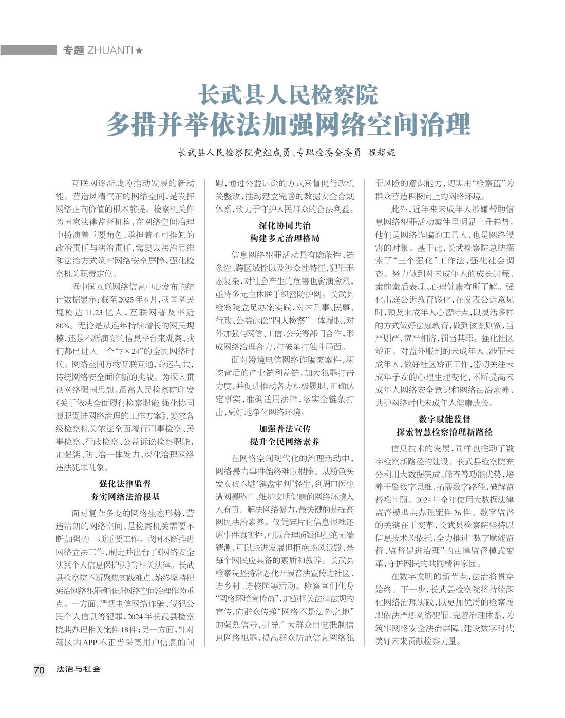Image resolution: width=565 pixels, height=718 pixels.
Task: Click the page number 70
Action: (39, 670)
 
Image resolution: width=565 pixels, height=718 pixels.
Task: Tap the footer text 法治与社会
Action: (79, 669)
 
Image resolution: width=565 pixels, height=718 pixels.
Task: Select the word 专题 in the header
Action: (73, 50)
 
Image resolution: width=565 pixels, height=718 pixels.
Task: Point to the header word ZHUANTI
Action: (110, 50)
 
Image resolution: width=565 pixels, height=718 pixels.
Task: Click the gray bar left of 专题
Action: (28, 50)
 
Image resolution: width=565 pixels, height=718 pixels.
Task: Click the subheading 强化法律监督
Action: (125, 483)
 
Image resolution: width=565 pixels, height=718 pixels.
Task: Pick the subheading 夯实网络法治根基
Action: (125, 497)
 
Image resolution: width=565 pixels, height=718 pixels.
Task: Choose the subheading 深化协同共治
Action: (285, 225)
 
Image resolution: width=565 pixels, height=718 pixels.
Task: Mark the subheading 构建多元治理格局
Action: (285, 238)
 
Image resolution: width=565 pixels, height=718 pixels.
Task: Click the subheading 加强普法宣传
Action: (285, 428)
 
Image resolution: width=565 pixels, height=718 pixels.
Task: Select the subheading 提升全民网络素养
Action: (285, 442)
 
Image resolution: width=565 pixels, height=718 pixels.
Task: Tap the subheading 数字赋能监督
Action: (444, 419)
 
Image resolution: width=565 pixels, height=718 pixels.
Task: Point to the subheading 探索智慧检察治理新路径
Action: (444, 432)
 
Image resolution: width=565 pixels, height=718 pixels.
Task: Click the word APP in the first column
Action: (90, 642)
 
